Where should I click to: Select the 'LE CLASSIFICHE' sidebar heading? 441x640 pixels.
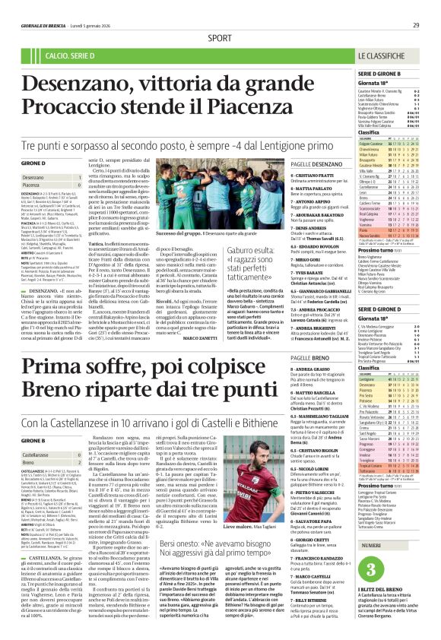pos(385,56)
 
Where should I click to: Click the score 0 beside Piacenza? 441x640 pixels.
pos(78,185)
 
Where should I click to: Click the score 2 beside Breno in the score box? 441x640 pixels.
pos(78,462)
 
